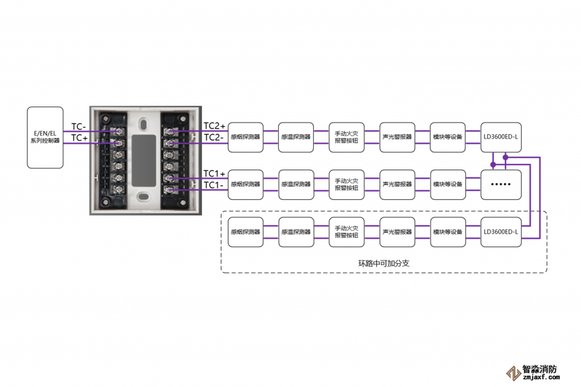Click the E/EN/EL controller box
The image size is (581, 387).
[x=45, y=137]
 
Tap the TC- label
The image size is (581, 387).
[x=79, y=126]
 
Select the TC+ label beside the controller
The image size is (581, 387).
[x=79, y=138]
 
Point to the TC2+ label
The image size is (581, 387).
[x=214, y=126]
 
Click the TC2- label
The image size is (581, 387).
[x=214, y=137]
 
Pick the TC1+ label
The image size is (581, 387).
[x=214, y=174]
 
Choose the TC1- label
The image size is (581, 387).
[x=214, y=185]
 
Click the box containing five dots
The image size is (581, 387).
[x=501, y=184]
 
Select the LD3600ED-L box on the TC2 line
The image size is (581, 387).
[x=501, y=137]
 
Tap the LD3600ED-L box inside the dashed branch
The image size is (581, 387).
[x=501, y=232]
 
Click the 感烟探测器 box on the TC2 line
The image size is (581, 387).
[x=246, y=137]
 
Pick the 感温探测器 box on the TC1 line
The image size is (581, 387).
[x=296, y=184]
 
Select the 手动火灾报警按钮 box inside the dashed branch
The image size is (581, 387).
[x=347, y=232]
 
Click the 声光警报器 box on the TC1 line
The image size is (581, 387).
[x=397, y=184]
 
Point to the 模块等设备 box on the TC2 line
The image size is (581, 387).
[x=447, y=137]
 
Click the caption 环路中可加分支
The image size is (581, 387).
[x=384, y=263]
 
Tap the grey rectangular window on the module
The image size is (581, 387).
[x=144, y=161]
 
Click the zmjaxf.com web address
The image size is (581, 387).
[x=542, y=377]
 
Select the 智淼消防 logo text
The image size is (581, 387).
[x=540, y=369]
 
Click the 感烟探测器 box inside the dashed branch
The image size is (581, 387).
[x=246, y=232]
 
